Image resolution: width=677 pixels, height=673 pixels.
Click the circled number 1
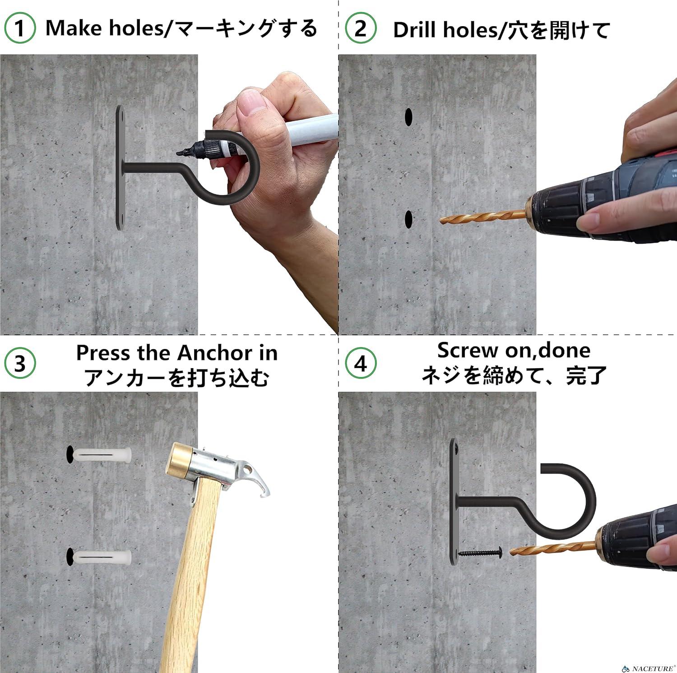tap(19, 28)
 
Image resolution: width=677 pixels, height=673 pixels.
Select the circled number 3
tap(19, 364)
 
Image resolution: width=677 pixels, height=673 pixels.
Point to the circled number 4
tap(361, 364)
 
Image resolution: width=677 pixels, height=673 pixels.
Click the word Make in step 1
tap(73, 29)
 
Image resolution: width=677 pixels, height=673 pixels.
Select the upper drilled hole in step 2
tap(408, 116)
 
